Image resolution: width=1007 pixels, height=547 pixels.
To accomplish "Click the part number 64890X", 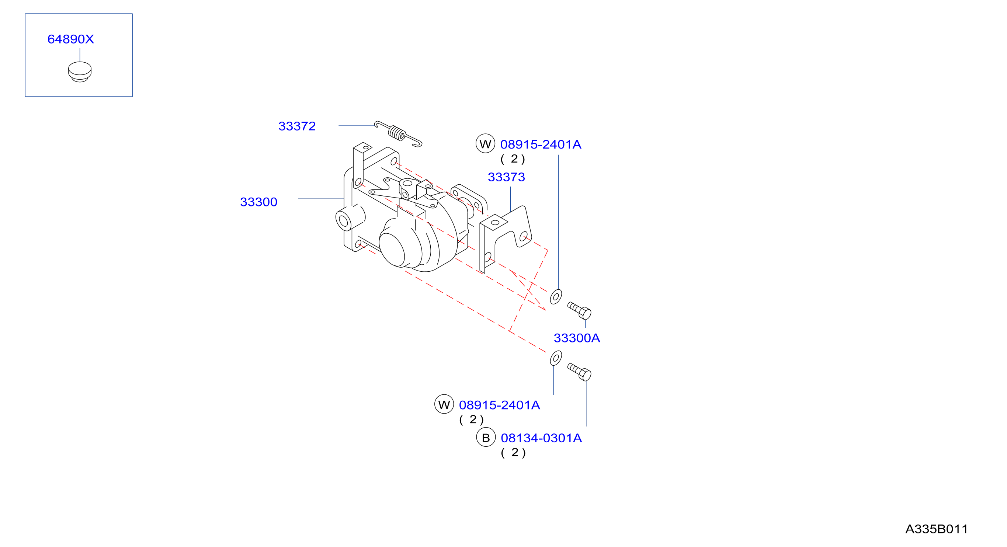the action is pos(71,39).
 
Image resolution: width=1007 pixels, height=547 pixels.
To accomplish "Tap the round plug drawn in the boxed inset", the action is pos(80,72).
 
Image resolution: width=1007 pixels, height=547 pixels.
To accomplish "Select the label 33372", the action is pos(297,126).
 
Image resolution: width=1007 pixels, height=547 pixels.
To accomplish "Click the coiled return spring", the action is pos(398,134).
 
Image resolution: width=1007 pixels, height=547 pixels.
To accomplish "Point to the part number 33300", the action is pos(259,202).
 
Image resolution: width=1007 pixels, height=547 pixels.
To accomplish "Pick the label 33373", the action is pos(506,177).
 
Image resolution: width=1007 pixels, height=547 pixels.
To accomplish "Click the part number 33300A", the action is pos(577,338).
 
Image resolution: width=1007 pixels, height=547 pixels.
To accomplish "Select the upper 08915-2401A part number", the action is pos(541,144).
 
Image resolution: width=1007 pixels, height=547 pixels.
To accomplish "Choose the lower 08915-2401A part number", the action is pos(499,405).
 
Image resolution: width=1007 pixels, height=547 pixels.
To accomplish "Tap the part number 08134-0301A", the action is pos(541,438).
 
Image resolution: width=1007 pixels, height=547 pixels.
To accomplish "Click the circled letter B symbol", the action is pos(486,438).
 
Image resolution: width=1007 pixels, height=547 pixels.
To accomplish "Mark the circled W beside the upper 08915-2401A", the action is pos(486,144).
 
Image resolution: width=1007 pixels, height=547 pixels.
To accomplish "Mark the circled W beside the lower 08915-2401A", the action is pos(444,404).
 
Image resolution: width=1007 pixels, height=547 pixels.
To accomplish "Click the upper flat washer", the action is pos(556,297).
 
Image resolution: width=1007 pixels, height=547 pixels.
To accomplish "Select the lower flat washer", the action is pos(556,358).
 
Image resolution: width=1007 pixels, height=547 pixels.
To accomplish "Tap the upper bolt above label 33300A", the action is pos(579,311).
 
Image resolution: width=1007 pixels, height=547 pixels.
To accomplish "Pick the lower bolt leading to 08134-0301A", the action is pos(579,372).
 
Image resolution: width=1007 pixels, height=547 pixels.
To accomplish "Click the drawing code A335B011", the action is pos(936,529).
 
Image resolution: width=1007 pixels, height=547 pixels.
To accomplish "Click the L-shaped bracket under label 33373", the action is pos(505,238).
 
